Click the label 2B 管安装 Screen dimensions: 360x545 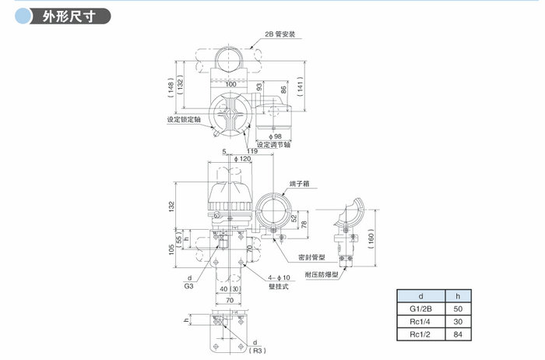(280, 34)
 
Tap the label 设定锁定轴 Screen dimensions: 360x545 (185, 120)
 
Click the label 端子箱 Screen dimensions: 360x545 (301, 184)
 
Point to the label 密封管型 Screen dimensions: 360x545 (311, 256)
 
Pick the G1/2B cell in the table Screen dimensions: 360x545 (420, 309)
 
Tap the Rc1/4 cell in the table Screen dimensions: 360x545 (420, 321)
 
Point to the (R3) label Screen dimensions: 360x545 (258, 351)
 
